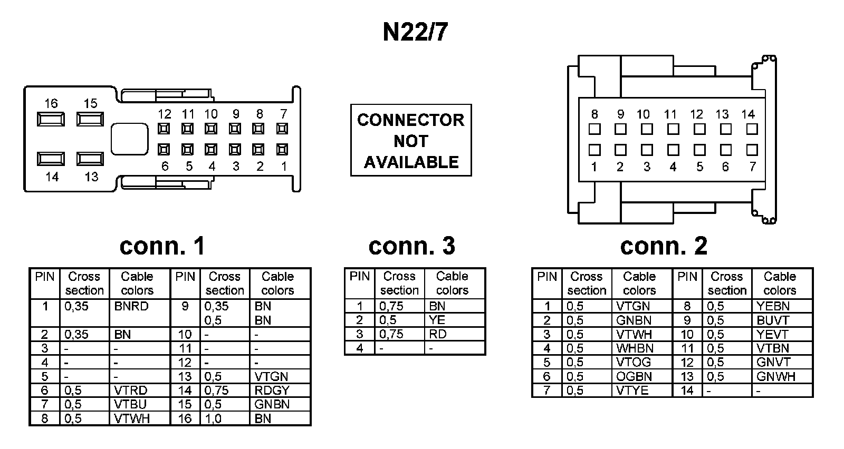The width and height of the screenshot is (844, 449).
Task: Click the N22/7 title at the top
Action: (x=415, y=32)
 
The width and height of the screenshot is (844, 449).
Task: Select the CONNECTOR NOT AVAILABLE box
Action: (x=411, y=140)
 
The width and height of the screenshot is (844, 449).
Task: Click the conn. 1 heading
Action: (x=162, y=246)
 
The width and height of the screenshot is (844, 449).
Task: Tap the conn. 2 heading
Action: (x=664, y=246)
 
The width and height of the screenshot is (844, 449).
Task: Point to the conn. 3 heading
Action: (x=411, y=246)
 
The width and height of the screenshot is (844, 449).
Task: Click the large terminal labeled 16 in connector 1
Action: (x=51, y=120)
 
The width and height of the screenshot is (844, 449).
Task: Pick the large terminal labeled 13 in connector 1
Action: (x=90, y=159)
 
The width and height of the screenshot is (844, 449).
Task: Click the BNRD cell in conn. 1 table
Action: (x=131, y=306)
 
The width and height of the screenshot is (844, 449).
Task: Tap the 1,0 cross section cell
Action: (x=213, y=418)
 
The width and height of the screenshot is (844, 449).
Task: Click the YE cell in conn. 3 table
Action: (x=437, y=320)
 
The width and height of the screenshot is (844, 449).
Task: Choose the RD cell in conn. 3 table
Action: (x=437, y=334)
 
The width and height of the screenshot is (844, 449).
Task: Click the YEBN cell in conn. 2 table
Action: (x=773, y=306)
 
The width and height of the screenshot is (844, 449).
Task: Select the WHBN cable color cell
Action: (x=635, y=348)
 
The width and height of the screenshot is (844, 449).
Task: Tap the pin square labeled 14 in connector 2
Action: (x=752, y=129)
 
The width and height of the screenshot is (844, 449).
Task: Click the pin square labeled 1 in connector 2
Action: (x=594, y=150)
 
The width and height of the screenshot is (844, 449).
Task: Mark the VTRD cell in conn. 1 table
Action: (x=131, y=391)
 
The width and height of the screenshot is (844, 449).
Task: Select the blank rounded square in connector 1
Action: (x=129, y=139)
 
